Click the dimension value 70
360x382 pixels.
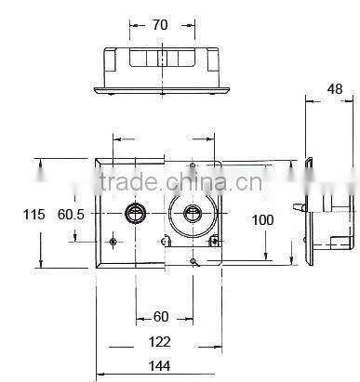click(160, 25)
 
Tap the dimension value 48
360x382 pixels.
click(335, 89)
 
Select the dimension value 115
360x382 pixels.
click(33, 215)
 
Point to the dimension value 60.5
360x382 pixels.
click(71, 215)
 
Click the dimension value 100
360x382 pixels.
click(262, 220)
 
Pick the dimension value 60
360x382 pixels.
click(161, 317)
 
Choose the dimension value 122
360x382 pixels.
click(160, 342)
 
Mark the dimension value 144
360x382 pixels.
click(160, 366)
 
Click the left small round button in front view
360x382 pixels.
click(135, 213)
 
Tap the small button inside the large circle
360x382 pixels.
click(193, 213)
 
